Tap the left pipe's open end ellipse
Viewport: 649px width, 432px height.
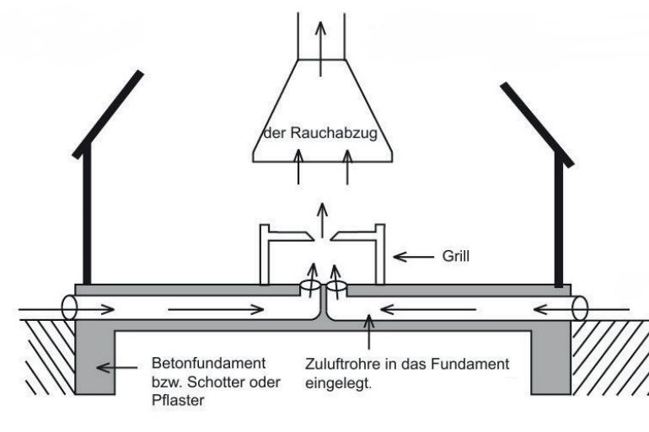(67, 307)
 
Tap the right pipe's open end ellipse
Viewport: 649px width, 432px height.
(579, 307)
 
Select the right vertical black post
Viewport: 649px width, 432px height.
(557, 223)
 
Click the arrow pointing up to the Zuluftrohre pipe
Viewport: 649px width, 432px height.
(367, 333)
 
